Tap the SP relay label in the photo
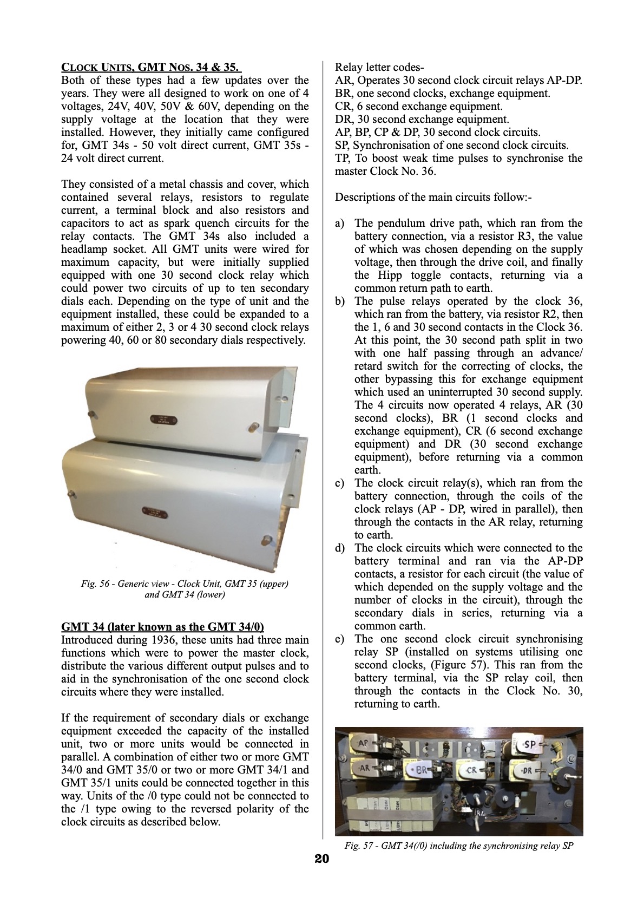tap(529, 745)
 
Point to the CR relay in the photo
tap(470, 770)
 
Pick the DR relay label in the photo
tap(524, 770)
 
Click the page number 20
tap(321, 859)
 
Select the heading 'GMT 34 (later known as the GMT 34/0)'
tap(163, 627)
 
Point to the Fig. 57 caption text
tap(458, 846)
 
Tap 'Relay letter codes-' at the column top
tap(379, 68)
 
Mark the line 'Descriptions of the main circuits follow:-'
tap(433, 198)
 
